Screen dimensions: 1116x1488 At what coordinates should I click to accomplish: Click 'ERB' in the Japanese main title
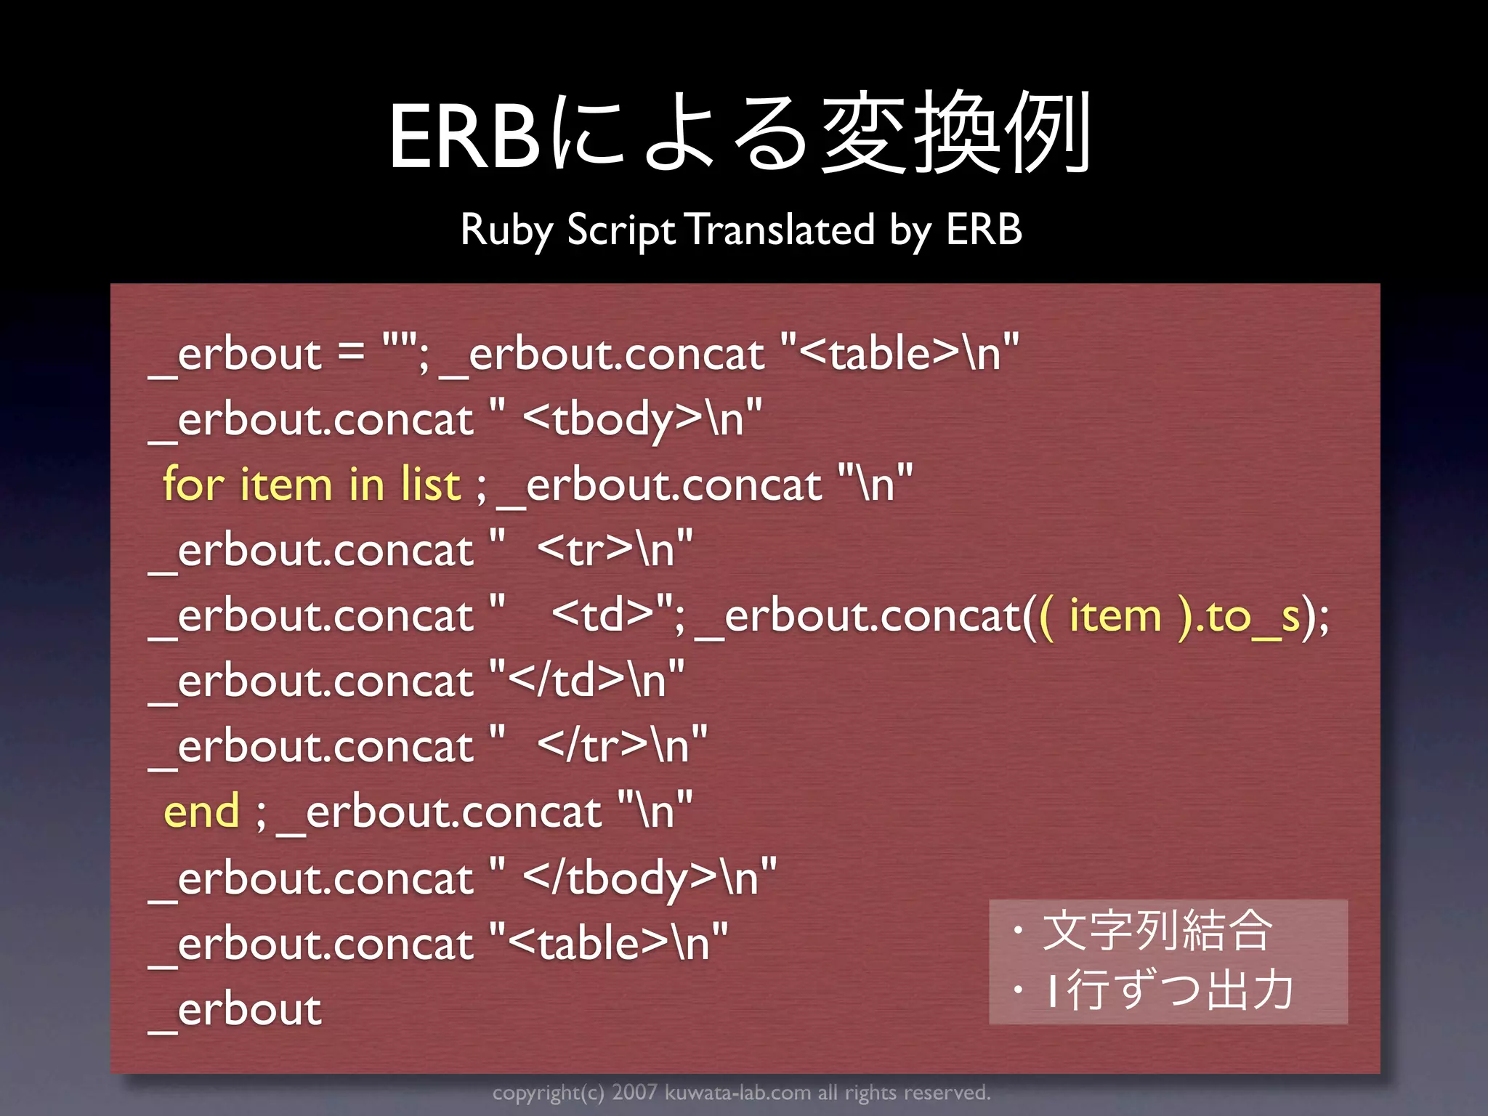click(x=465, y=137)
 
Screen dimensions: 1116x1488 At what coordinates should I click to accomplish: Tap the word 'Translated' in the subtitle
click(x=780, y=230)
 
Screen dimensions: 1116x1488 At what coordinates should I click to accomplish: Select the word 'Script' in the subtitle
click(x=621, y=230)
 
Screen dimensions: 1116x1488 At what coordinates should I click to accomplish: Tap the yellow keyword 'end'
click(x=201, y=812)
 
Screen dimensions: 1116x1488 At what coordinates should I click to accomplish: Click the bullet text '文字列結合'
click(x=1157, y=931)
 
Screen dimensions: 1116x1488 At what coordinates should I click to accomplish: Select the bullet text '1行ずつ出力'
click(x=1169, y=990)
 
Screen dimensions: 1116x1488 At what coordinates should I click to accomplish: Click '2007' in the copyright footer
click(x=634, y=1093)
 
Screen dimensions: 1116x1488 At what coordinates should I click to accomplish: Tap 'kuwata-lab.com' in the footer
click(x=737, y=1093)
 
